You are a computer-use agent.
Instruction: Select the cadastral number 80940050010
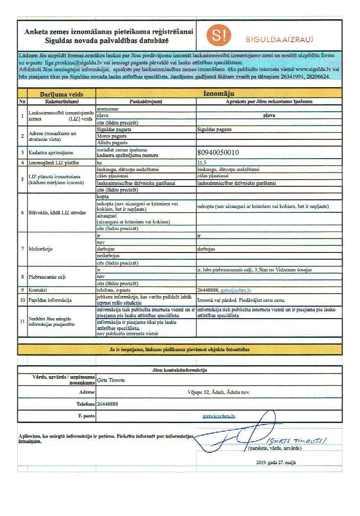click(218, 153)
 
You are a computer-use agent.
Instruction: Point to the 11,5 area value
click(202, 163)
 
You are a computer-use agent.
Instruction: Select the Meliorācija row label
click(42, 249)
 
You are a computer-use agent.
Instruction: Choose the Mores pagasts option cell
click(112, 136)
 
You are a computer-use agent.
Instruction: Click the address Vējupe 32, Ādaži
click(219, 392)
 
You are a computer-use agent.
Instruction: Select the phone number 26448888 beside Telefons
click(107, 404)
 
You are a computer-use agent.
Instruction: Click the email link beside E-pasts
click(219, 416)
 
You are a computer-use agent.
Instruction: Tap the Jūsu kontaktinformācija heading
click(180, 370)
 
